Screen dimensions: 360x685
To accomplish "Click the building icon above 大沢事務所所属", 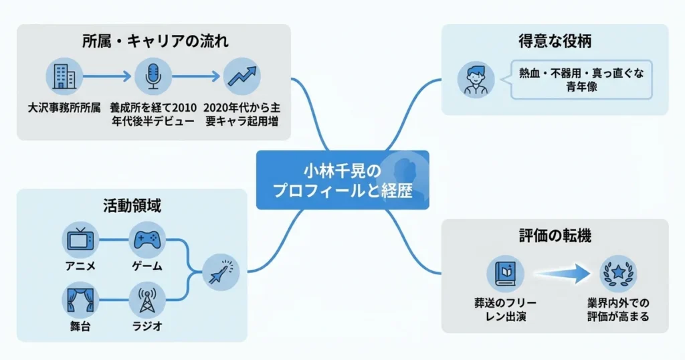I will (64, 75).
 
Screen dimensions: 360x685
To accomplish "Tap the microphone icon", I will (153, 75).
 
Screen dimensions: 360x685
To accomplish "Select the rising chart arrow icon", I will (241, 75).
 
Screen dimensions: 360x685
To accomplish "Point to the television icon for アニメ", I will (80, 240).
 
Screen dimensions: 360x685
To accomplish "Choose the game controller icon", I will (147, 240).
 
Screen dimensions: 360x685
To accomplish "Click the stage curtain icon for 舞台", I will (80, 300).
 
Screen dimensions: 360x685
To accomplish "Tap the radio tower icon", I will (147, 300).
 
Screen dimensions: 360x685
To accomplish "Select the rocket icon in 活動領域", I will (220, 270).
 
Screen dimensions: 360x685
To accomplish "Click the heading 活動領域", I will (132, 206).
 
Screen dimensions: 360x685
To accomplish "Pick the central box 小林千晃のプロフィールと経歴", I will (342, 180).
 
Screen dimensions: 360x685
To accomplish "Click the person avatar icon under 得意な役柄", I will (476, 80).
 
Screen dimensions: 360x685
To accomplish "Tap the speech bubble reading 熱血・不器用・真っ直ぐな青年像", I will (581, 80).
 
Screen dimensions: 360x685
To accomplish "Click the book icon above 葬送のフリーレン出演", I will (504, 273).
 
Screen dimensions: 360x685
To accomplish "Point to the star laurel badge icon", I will (618, 273).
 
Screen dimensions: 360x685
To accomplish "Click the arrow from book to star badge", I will (562, 273).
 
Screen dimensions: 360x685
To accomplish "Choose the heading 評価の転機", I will (555, 236).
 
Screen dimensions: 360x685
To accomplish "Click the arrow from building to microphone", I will (108, 75).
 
